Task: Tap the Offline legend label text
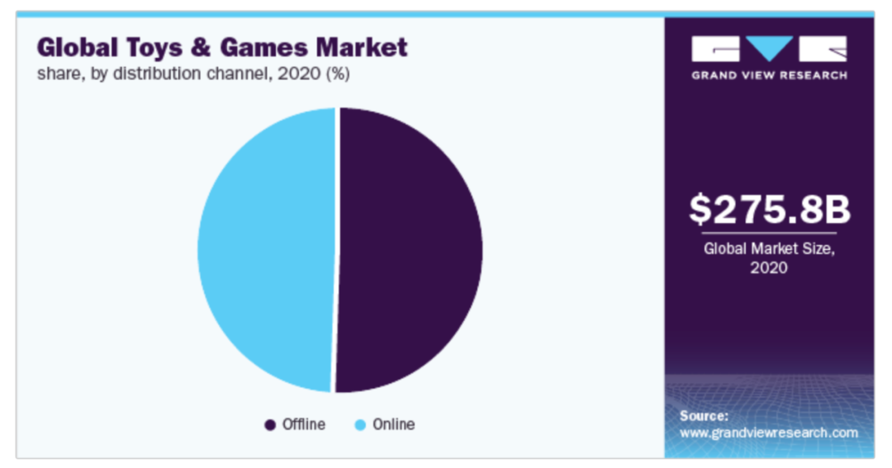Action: [x=303, y=425]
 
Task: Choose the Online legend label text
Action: [x=393, y=425]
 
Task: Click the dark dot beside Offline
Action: [x=269, y=425]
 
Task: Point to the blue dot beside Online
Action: [x=359, y=425]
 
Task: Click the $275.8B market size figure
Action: [x=769, y=210]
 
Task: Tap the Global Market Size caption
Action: [x=769, y=248]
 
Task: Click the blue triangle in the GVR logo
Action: [x=769, y=48]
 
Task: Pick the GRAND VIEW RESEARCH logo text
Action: [x=769, y=75]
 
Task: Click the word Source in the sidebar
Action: [x=704, y=415]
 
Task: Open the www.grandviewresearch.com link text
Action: [x=769, y=433]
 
